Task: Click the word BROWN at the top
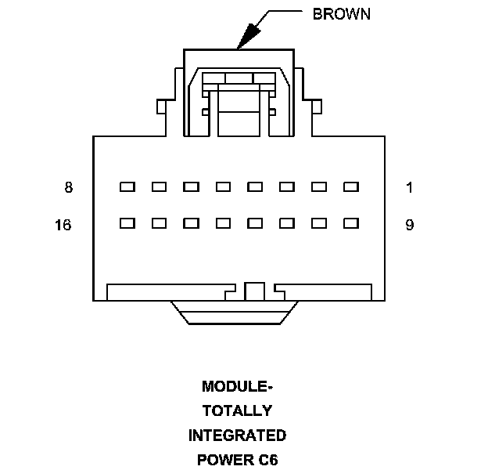tap(342, 14)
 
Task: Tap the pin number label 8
tap(69, 188)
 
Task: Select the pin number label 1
tap(409, 188)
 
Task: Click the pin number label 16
tap(63, 226)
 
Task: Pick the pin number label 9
tap(409, 226)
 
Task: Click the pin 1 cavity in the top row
tap(350, 187)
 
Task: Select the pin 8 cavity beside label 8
tap(127, 187)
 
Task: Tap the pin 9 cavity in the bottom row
tap(350, 223)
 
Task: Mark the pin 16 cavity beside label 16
tap(127, 223)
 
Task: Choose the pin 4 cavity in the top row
tap(255, 187)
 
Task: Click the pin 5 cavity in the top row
tap(223, 187)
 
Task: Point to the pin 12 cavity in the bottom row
tap(255, 223)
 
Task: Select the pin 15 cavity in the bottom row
tap(159, 223)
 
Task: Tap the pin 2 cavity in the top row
tap(318, 187)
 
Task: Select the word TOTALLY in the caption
tap(237, 410)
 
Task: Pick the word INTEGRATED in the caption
tap(237, 435)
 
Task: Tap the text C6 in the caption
tap(267, 459)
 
